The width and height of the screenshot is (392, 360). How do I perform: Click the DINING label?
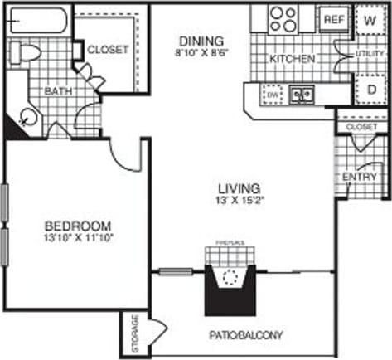(201, 41)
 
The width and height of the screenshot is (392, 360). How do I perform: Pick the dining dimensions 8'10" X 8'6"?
(201, 53)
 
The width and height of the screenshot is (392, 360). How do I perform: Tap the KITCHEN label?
(292, 60)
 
